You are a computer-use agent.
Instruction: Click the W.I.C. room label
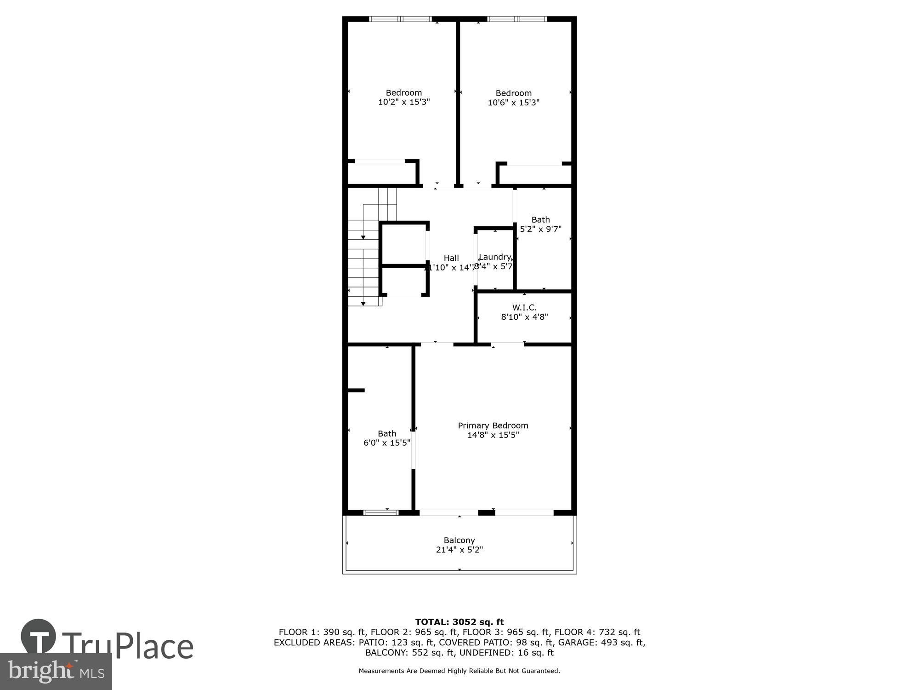click(x=524, y=307)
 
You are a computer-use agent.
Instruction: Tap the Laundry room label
click(x=495, y=257)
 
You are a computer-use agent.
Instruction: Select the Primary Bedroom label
click(x=493, y=425)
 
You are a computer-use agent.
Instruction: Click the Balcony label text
click(x=459, y=540)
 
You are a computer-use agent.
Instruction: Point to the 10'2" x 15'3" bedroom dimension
click(x=404, y=102)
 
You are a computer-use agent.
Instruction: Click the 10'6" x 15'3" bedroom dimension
click(x=513, y=103)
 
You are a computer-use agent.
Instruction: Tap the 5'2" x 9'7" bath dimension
click(x=540, y=229)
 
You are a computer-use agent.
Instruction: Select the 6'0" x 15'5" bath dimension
click(x=387, y=443)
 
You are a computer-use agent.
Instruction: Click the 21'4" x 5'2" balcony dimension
click(x=459, y=550)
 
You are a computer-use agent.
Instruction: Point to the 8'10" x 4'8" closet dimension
click(x=524, y=317)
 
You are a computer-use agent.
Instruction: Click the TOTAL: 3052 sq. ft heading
click(x=459, y=622)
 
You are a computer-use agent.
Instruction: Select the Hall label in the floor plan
click(x=451, y=258)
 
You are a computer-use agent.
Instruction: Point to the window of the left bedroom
click(x=401, y=19)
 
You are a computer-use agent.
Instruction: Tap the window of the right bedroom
click(x=517, y=19)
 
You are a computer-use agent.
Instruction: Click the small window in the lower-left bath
click(x=381, y=512)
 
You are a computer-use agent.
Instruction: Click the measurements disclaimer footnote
click(x=459, y=671)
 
